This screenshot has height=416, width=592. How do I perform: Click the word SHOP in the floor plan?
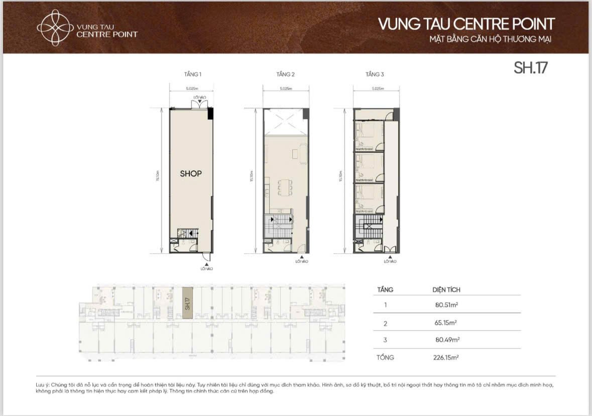[191, 173]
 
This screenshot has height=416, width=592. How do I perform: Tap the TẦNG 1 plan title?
[192, 74]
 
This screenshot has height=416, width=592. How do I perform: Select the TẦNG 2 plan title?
[285, 74]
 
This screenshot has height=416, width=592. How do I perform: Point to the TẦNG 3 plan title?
[375, 74]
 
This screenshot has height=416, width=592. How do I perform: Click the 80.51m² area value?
[447, 304]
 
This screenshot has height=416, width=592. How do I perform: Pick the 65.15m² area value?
[446, 323]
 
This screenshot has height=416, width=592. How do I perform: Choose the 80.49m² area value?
[447, 340]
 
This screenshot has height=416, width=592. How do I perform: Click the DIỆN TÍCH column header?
[446, 290]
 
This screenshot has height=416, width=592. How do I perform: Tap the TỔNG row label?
[386, 358]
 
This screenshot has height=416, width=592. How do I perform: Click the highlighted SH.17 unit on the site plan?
[187, 302]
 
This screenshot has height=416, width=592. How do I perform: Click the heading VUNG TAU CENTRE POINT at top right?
[466, 24]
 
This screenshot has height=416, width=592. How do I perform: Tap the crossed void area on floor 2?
[285, 122]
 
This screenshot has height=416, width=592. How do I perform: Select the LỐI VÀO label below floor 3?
[390, 261]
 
